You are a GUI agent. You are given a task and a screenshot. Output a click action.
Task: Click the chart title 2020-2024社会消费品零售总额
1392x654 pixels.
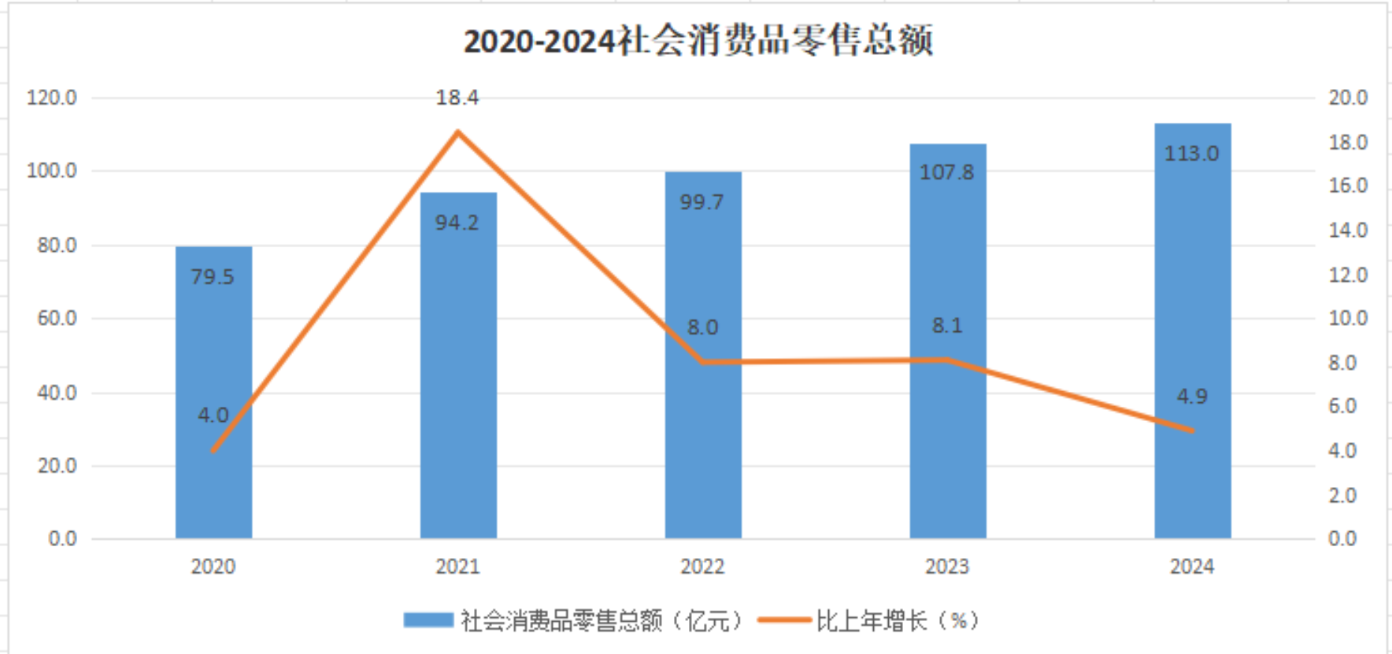click(x=698, y=41)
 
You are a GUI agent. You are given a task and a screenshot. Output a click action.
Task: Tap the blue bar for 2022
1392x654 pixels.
click(x=702, y=441)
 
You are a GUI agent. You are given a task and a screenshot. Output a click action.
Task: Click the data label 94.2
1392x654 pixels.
click(x=457, y=223)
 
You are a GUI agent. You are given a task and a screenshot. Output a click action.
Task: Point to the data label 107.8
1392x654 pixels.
click(x=946, y=172)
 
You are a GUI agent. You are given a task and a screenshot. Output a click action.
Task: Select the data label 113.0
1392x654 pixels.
click(x=1191, y=153)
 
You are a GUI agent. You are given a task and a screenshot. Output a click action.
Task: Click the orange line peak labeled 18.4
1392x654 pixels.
click(x=457, y=132)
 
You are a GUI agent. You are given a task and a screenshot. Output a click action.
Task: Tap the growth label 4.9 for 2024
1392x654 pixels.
click(x=1191, y=397)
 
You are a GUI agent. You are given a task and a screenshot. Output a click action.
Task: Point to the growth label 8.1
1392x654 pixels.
click(x=946, y=326)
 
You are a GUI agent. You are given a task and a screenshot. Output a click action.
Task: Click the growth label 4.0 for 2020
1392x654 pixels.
click(x=213, y=416)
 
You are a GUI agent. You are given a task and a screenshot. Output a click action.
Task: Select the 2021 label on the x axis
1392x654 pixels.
click(x=457, y=567)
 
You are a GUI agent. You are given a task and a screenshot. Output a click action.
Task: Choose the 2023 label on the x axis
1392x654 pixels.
click(x=946, y=567)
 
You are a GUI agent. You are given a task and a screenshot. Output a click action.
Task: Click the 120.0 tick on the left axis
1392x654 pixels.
click(x=52, y=98)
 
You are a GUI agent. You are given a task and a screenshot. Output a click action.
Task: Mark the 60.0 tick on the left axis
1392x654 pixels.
click(x=57, y=319)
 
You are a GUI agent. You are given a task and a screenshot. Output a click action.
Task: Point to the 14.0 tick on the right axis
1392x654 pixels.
click(x=1348, y=231)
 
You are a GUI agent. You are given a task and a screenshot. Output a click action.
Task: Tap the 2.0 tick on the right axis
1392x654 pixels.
click(x=1342, y=496)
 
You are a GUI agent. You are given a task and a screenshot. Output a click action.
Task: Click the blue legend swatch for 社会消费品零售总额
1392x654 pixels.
click(x=428, y=620)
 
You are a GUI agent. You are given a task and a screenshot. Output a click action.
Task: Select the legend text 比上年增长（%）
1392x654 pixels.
click(x=897, y=621)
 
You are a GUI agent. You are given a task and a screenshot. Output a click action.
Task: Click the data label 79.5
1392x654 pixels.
click(x=213, y=277)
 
